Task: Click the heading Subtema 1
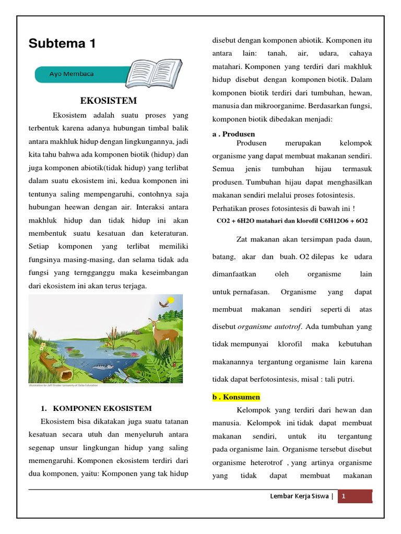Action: pyautogui.click(x=62, y=44)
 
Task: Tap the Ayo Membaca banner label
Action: pyautogui.click(x=72, y=74)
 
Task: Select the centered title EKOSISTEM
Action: pyautogui.click(x=108, y=100)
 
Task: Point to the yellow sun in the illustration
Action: pyautogui.click(x=171, y=300)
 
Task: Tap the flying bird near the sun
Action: pyautogui.click(x=163, y=304)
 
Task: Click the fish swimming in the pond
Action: pyautogui.click(x=102, y=366)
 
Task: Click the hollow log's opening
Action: pyautogui.click(x=66, y=374)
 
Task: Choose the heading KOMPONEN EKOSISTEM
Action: pyautogui.click(x=100, y=408)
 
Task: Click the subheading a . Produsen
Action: pyautogui.click(x=233, y=134)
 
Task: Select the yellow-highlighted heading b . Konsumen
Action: pyautogui.click(x=235, y=397)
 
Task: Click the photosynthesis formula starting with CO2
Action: pyautogui.click(x=292, y=221)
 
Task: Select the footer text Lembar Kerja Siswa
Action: pyautogui.click(x=298, y=497)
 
